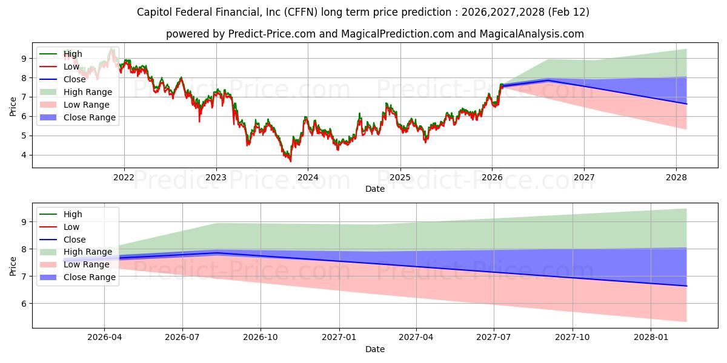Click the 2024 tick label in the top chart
point(308,177)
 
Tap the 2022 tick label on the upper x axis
point(124,177)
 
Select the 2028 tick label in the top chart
point(676,177)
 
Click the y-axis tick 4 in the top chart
point(24,155)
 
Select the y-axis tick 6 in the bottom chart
point(24,303)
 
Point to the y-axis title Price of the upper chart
point(13,105)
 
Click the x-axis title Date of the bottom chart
point(375,349)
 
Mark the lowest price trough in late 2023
point(290,161)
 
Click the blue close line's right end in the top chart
point(686,104)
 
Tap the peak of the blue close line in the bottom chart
point(216,253)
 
